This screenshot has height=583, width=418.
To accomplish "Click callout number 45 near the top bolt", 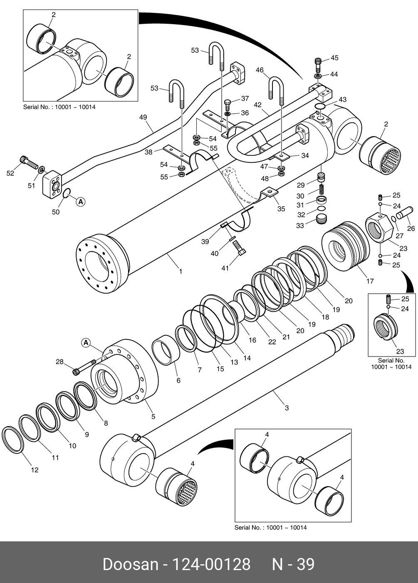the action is pyautogui.click(x=334, y=58).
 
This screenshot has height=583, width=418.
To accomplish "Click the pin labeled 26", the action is pyautogui.click(x=404, y=213).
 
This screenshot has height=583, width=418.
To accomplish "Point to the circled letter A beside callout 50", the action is pyautogui.click(x=81, y=202).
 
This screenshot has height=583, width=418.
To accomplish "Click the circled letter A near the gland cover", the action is pyautogui.click(x=87, y=343).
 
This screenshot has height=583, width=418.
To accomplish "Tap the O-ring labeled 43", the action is pyautogui.click(x=319, y=106).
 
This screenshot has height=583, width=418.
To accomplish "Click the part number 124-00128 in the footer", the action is pyautogui.click(x=212, y=564).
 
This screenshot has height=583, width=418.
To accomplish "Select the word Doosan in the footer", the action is pyautogui.click(x=131, y=564).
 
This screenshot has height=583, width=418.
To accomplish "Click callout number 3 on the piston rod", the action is pyautogui.click(x=287, y=408).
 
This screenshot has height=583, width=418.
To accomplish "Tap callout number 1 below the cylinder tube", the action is pyautogui.click(x=181, y=272).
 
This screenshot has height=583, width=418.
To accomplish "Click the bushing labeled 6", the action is pyautogui.click(x=166, y=350).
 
